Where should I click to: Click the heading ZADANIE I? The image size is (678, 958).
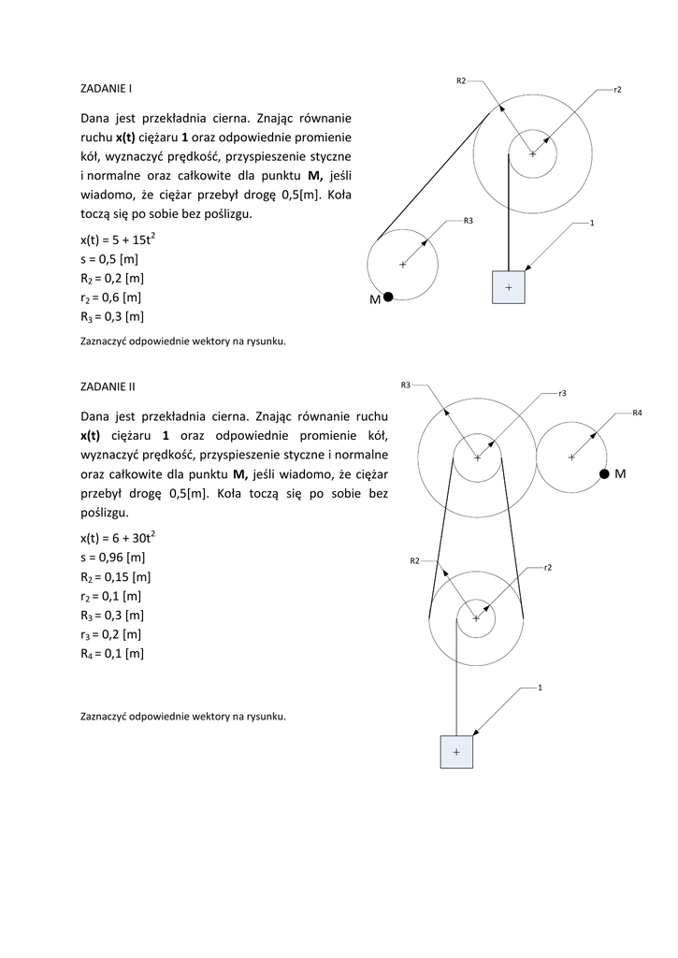pos(105,89)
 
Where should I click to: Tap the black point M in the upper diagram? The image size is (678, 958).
pos(388,298)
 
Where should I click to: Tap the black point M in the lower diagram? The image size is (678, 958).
pos(605,475)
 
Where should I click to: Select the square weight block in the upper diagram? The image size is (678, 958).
pos(509,287)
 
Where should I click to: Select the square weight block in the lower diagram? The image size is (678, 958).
pos(456,752)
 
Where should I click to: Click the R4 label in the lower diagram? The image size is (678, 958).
pos(637,413)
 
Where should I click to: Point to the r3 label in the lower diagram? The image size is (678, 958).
pos(562,394)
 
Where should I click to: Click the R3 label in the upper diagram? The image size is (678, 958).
pos(468,221)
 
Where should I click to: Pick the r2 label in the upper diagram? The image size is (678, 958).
pos(618,89)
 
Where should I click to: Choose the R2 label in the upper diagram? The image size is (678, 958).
pos(461,81)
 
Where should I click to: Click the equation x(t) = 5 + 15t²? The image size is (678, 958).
pos(118,239)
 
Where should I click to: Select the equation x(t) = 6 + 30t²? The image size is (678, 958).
pos(118,537)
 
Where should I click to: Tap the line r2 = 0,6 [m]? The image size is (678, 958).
pos(111,298)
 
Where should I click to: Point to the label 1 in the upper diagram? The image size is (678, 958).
pos(593,224)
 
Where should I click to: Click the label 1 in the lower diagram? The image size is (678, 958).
pos(540,689)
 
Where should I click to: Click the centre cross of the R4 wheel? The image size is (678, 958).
pos(572,457)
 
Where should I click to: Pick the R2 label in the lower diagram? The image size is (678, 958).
pos(414,560)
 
